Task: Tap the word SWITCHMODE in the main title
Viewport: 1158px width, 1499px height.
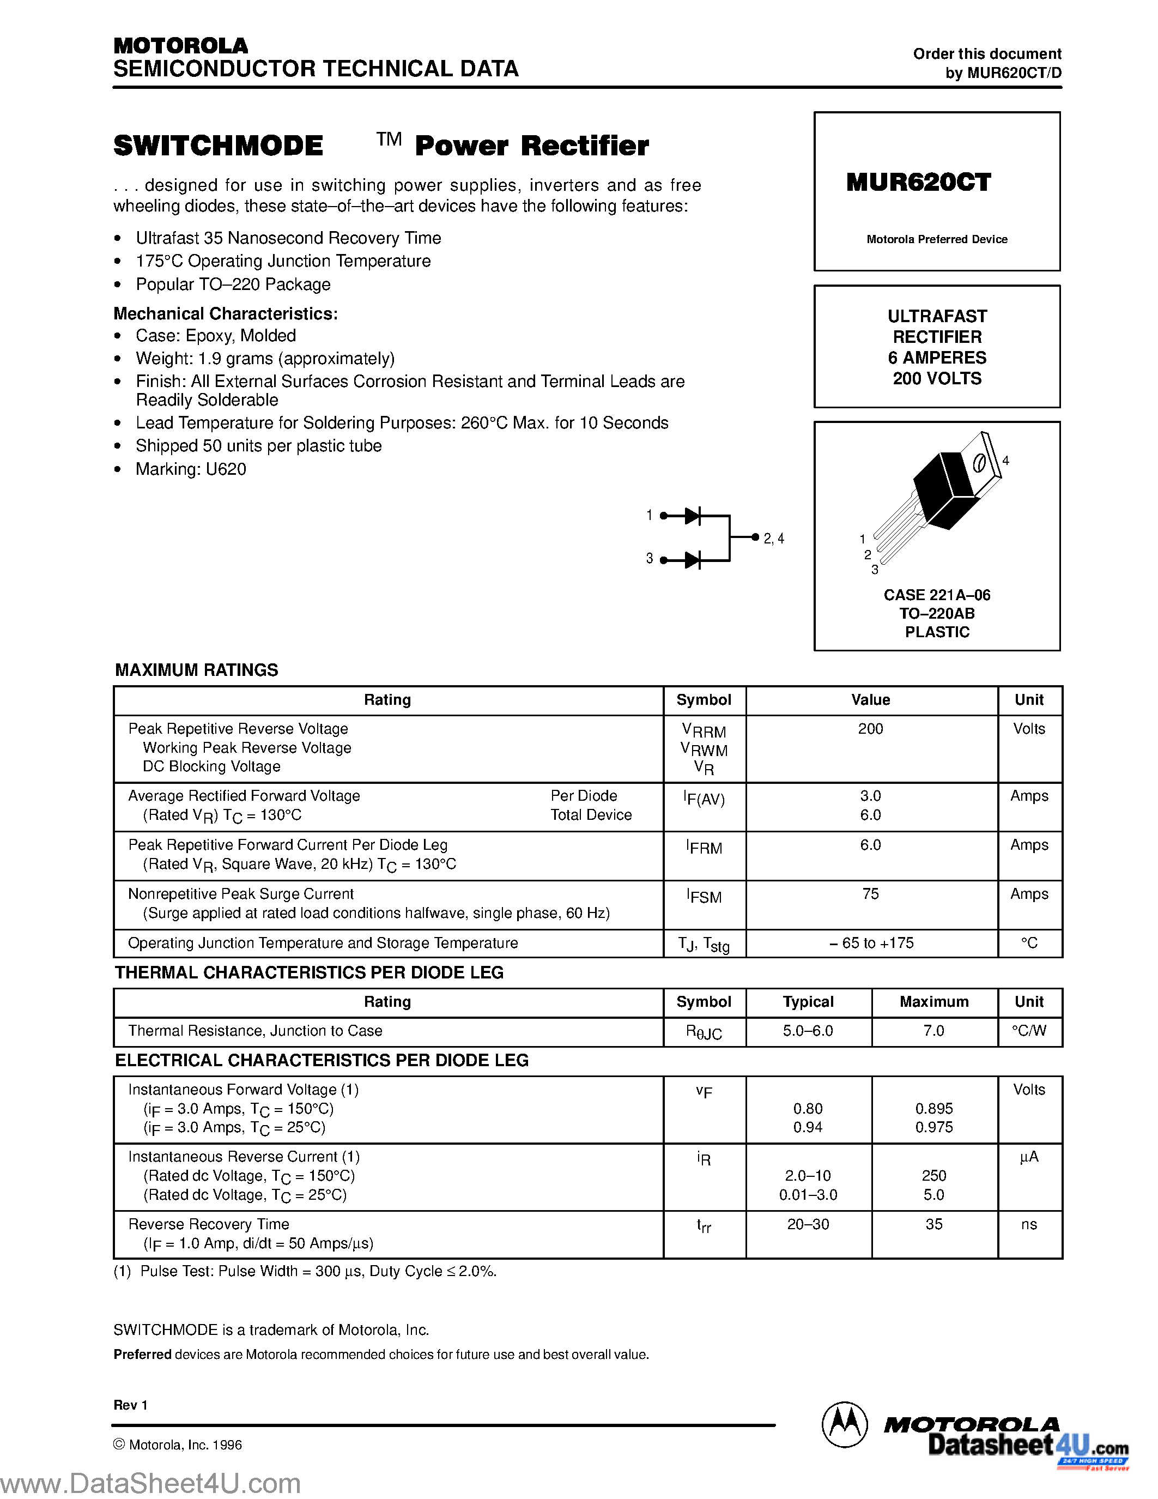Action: pos(218,146)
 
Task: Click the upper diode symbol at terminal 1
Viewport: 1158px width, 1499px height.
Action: pos(692,516)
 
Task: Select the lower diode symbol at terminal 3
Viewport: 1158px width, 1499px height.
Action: pos(692,560)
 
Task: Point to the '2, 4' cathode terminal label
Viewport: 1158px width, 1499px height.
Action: pos(773,539)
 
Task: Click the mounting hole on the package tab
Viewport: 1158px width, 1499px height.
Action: pos(979,463)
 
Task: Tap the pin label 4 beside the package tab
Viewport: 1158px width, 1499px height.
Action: pos(1006,461)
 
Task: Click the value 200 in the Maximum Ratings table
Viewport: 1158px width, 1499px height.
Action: pos(870,729)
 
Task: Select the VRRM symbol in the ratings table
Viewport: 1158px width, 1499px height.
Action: pos(704,731)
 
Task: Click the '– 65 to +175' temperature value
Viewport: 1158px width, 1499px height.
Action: pos(871,943)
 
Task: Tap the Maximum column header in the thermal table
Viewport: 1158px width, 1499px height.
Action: pos(933,1002)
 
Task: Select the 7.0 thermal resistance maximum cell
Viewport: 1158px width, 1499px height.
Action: pos(933,1031)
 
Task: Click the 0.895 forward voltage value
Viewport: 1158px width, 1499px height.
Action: pos(933,1109)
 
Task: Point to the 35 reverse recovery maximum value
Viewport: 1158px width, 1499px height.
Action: pos(933,1224)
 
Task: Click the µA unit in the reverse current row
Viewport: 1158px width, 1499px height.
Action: pos(1029,1157)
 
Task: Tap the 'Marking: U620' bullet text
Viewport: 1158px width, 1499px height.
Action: pos(190,469)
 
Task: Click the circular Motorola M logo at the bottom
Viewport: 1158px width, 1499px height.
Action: pos(844,1425)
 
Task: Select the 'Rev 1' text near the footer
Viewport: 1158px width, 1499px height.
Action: pos(130,1405)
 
